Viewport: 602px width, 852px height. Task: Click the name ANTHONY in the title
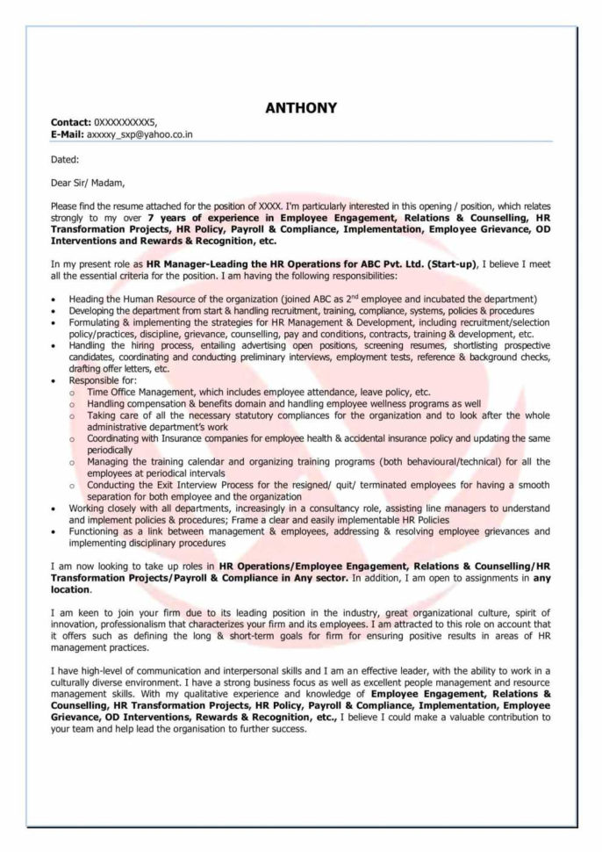coord(300,108)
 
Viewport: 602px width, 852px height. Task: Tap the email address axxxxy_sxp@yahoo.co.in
coord(140,134)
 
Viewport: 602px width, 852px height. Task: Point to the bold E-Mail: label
coord(68,134)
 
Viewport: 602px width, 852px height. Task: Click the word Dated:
coord(65,159)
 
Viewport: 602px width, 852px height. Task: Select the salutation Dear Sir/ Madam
coord(88,184)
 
